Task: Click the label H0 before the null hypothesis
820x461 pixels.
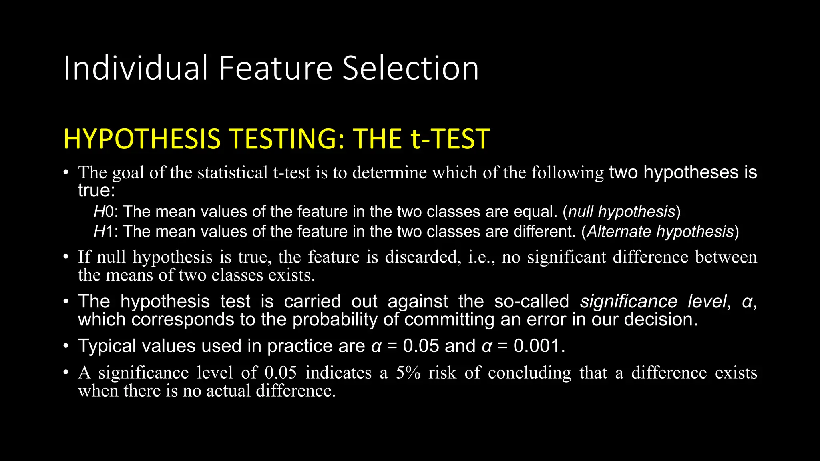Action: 104,212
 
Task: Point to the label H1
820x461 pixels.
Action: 104,232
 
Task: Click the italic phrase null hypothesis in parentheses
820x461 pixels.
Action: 621,212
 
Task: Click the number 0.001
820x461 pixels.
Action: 539,346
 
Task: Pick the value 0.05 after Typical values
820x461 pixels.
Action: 421,346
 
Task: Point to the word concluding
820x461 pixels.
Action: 529,373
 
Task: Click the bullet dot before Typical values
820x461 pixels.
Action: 66,346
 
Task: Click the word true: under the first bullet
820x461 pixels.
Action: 96,190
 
